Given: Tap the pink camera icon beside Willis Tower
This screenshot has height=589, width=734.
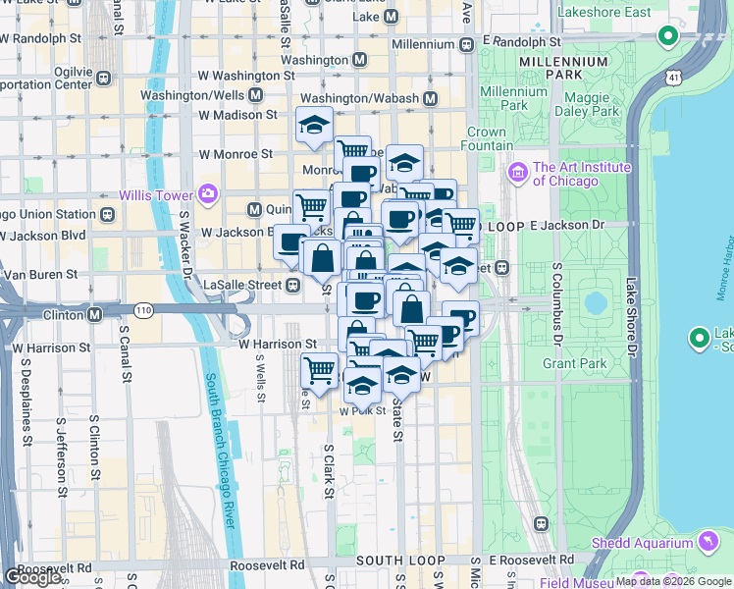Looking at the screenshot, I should point(207,193).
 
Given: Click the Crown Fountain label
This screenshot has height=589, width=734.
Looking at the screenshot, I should point(486,138).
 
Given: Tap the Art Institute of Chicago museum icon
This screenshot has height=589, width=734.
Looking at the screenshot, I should point(518,174).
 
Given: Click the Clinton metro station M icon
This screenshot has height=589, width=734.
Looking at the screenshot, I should point(95,315).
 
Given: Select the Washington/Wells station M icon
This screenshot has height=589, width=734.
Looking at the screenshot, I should point(255,95).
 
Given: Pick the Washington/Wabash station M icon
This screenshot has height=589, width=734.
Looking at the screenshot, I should point(429,99).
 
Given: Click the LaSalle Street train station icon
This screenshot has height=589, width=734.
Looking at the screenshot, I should point(292,285).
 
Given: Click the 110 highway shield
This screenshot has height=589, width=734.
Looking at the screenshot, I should point(144,310).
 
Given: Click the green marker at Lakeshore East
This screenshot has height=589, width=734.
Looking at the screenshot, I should point(668,37).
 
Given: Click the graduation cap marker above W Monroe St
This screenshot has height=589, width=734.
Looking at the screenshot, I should point(314,126).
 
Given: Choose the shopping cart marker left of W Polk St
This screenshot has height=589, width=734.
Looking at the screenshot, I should point(319,371).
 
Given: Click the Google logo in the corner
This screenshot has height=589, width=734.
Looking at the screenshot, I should point(32,577).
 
